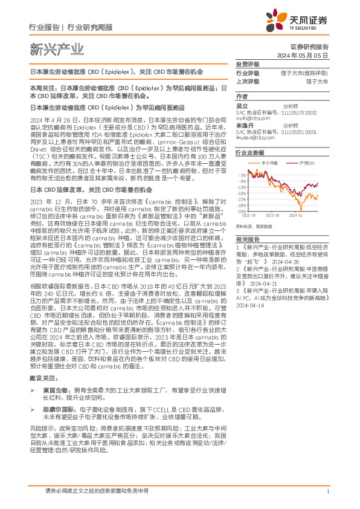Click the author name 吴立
241,106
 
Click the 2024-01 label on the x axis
295,215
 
